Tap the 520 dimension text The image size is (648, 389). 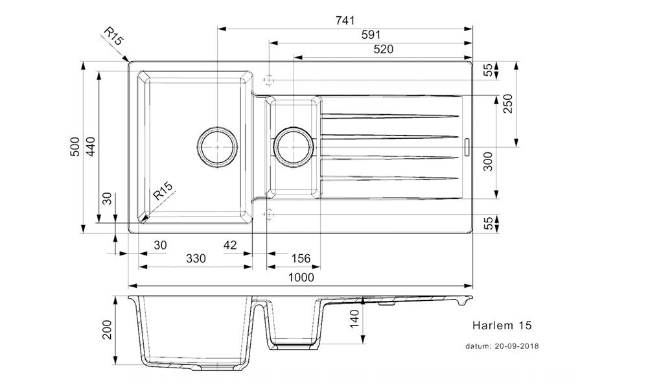[383, 49]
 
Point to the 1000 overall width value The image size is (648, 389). [301, 277]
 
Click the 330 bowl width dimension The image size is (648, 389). [196, 259]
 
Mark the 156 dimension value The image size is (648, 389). [300, 259]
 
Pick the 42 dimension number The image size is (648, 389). [229, 244]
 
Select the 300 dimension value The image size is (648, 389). [489, 160]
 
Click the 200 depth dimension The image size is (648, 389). [108, 330]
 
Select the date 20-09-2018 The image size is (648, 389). [516, 346]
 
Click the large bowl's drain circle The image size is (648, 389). [216, 147]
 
